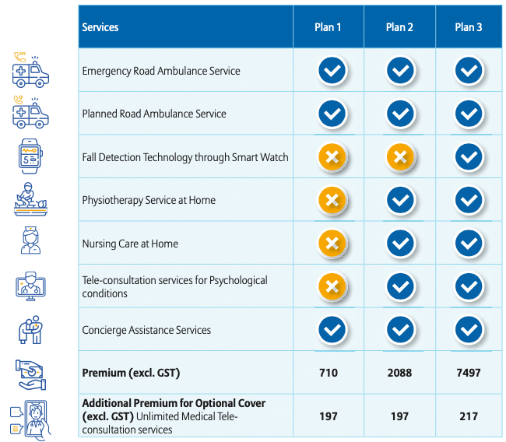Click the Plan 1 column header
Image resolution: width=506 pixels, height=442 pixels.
tap(328, 27)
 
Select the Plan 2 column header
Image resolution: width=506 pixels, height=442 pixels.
tap(399, 27)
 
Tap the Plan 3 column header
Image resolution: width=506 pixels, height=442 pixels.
tap(469, 27)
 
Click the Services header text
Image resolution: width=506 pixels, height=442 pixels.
tap(100, 27)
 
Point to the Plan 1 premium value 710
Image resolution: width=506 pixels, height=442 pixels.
tap(329, 373)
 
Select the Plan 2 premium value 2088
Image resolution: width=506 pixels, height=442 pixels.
tap(399, 373)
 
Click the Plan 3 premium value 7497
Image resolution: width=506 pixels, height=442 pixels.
tap(469, 373)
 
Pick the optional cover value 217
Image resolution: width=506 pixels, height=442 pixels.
tap(469, 416)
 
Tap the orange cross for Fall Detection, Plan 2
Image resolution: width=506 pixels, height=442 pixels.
tap(400, 157)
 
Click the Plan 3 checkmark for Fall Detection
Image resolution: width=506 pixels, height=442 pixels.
tap(469, 157)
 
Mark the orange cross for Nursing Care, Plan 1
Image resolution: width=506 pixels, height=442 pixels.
tap(332, 244)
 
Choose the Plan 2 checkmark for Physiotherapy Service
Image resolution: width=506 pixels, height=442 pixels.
tap(400, 201)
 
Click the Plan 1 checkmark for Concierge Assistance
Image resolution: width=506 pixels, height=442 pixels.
tap(332, 330)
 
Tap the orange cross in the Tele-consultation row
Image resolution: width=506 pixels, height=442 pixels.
tap(332, 287)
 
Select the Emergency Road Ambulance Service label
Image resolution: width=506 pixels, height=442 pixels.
tap(161, 71)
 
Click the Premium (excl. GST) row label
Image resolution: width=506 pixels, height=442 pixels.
tap(131, 373)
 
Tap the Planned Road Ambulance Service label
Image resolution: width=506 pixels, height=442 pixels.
tap(154, 114)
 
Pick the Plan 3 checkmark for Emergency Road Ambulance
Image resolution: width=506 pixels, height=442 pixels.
tap(469, 71)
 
